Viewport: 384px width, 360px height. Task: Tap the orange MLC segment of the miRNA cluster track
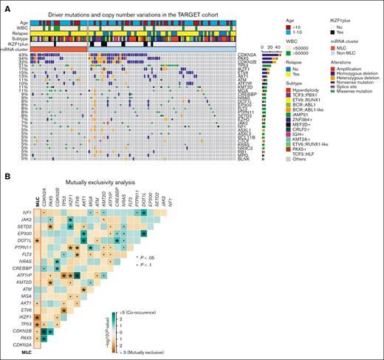(59, 49)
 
